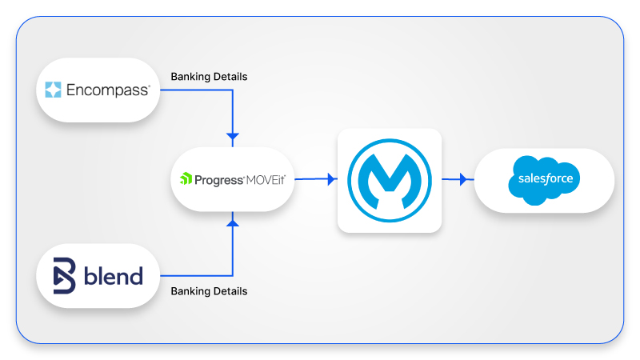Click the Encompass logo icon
(x=54, y=90)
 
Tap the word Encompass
(x=107, y=90)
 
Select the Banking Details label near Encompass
(x=209, y=77)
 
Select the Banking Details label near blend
(x=209, y=291)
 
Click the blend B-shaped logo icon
(x=64, y=277)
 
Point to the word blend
(x=113, y=277)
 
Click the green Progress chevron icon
(x=186, y=179)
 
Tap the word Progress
(x=217, y=179)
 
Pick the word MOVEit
(x=265, y=179)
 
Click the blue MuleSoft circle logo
(x=390, y=179)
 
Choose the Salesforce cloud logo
(x=544, y=179)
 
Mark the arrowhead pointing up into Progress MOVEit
(x=233, y=223)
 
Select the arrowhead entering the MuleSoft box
(x=332, y=179)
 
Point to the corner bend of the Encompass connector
(x=233, y=90)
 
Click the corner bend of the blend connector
(x=233, y=276)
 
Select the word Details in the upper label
(x=229, y=77)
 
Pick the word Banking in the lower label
(x=190, y=291)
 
